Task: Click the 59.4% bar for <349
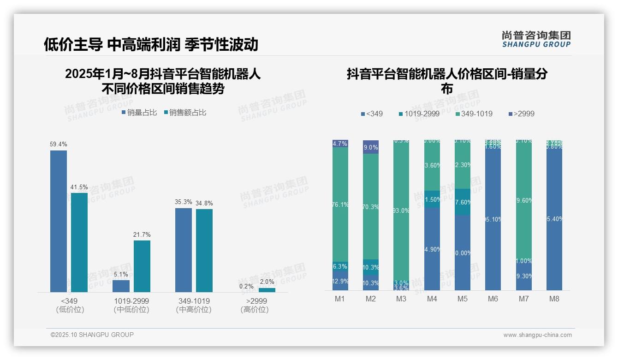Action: (x=58, y=221)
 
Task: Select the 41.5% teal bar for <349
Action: (x=79, y=242)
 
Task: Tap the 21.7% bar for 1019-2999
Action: (x=142, y=266)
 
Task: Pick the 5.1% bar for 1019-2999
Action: (x=121, y=286)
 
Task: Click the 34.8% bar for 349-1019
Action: (x=204, y=251)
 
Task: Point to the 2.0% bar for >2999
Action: (x=267, y=290)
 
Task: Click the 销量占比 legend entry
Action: (x=139, y=113)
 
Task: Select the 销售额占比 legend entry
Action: (x=185, y=113)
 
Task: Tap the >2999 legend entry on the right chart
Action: (x=522, y=114)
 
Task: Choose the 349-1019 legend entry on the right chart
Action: (x=474, y=114)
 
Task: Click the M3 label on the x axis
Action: (x=401, y=299)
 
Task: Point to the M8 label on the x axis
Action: (x=554, y=299)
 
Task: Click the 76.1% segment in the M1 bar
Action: (x=340, y=204)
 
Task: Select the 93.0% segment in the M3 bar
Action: (x=401, y=210)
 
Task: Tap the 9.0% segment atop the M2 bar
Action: (x=371, y=147)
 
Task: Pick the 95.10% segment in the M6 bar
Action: (x=493, y=219)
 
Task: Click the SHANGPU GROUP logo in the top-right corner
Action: (x=536, y=39)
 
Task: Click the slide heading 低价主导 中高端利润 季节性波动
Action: (x=151, y=44)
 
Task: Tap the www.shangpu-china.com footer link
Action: (x=537, y=335)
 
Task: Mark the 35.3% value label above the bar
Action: (x=183, y=202)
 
